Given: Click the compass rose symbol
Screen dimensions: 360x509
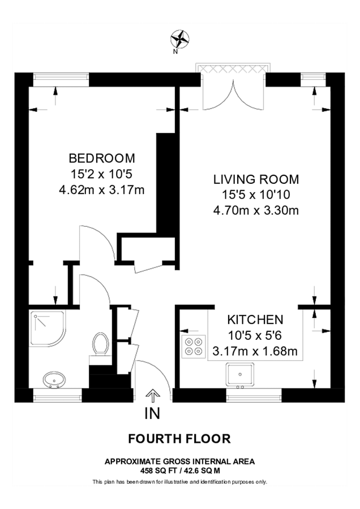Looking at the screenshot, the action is click(x=179, y=39).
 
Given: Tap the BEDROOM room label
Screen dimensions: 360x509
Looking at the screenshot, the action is click(x=102, y=158).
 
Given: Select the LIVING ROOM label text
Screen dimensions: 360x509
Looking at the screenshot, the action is click(x=256, y=179).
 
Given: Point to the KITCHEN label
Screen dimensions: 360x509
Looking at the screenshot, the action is click(x=255, y=320).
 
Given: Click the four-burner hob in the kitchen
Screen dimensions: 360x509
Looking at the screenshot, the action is click(x=194, y=346).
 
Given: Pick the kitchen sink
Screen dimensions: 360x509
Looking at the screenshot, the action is click(x=240, y=376).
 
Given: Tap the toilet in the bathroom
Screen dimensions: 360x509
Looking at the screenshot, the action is click(x=100, y=345).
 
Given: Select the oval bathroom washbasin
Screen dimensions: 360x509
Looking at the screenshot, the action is click(x=54, y=380).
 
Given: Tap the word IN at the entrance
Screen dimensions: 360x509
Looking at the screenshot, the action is click(x=152, y=413).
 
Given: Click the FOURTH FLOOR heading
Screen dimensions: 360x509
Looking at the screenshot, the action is click(x=179, y=439).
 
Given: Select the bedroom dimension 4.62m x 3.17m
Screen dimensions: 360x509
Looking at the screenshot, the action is click(x=102, y=189).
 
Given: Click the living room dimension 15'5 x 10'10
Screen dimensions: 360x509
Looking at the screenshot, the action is click(x=256, y=195).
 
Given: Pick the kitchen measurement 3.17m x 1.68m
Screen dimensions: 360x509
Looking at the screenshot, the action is click(x=255, y=351).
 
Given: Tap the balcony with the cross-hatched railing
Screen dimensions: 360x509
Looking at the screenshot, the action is click(x=233, y=69).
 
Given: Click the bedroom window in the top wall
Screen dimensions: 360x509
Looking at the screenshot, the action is click(x=61, y=80).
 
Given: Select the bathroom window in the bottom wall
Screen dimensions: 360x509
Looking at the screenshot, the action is click(x=58, y=395).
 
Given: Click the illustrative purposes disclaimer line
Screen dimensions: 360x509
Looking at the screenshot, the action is click(x=179, y=482).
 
